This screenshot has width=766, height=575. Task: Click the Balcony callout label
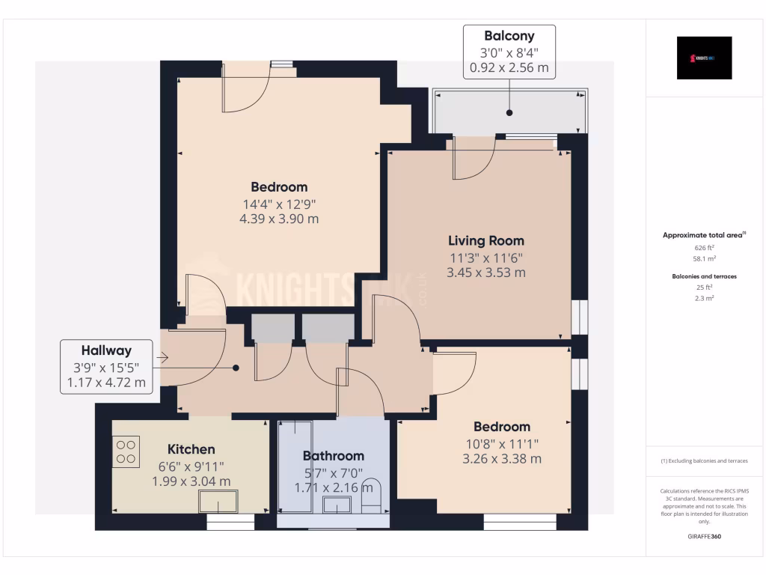tap(509, 36)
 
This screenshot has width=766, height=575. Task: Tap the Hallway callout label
tap(106, 350)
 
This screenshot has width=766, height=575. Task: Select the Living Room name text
tap(485, 241)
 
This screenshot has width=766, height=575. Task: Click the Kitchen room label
tap(191, 449)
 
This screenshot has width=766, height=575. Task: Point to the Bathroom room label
tap(333, 456)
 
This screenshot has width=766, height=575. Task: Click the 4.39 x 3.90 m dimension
tap(278, 219)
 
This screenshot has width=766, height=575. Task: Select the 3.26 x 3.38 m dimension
tap(502, 459)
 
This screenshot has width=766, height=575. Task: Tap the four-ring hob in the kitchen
tap(126, 451)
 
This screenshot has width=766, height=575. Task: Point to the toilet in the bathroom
tap(372, 497)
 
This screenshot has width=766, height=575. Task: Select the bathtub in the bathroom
tap(295, 468)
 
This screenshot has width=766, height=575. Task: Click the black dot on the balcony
tap(509, 113)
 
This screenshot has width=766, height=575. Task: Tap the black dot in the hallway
tap(236, 368)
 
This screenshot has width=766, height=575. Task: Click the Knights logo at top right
tap(704, 58)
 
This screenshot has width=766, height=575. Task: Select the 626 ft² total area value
tap(704, 247)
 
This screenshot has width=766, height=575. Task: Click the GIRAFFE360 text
tap(704, 537)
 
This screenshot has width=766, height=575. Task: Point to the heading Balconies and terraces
tap(704, 276)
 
